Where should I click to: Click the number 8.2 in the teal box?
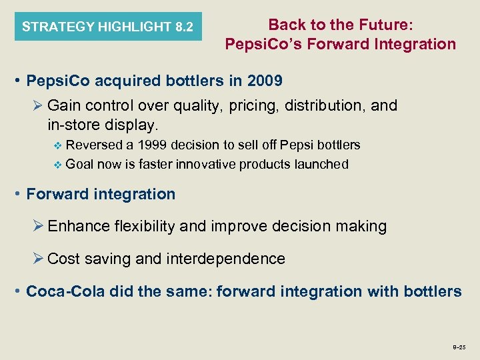184,27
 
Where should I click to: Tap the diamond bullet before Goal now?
56,165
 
